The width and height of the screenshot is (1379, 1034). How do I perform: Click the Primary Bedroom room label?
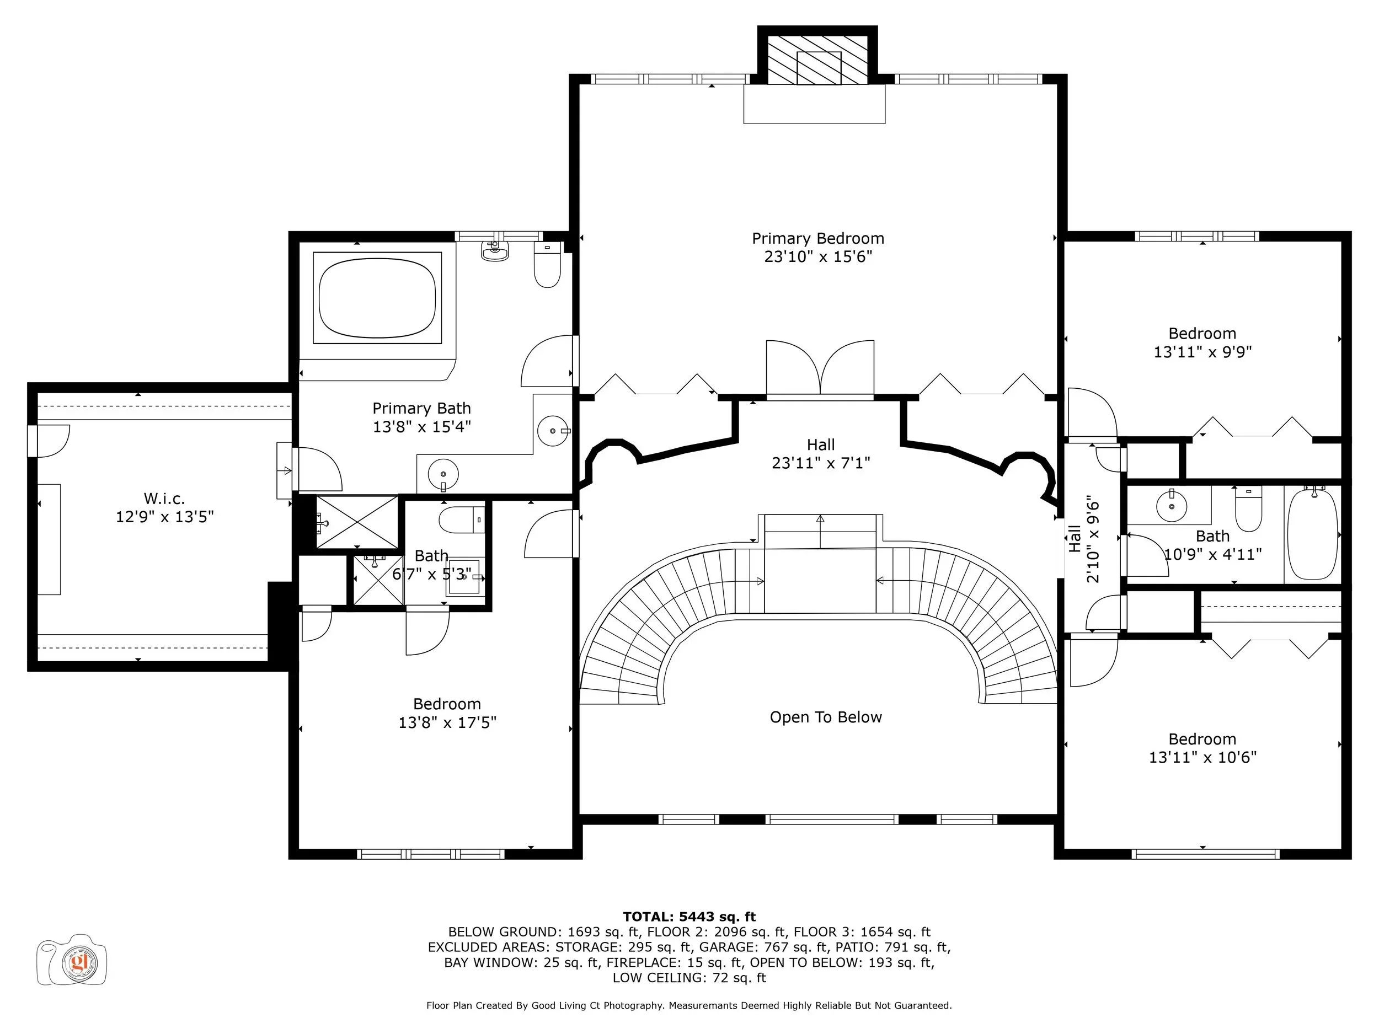tap(818, 238)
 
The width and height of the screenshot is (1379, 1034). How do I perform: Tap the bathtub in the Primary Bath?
tap(377, 298)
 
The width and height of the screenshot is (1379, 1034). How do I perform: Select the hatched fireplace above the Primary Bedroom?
tap(817, 60)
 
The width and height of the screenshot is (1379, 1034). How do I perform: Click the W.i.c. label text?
tap(164, 499)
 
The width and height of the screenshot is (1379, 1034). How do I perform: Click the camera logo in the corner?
tap(72, 960)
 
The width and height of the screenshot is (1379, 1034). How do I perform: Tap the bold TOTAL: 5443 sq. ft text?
tap(689, 917)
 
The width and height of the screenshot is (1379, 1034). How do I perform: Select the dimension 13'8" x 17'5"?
tap(447, 722)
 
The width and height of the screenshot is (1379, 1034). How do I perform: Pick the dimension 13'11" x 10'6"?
tap(1202, 757)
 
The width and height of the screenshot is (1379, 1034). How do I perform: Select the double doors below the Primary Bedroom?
tap(820, 368)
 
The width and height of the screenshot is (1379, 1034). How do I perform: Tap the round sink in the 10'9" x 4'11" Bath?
tap(1172, 506)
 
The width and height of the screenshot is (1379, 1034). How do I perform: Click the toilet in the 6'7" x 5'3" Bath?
tap(461, 520)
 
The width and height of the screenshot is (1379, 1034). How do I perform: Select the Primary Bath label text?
tap(421, 408)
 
